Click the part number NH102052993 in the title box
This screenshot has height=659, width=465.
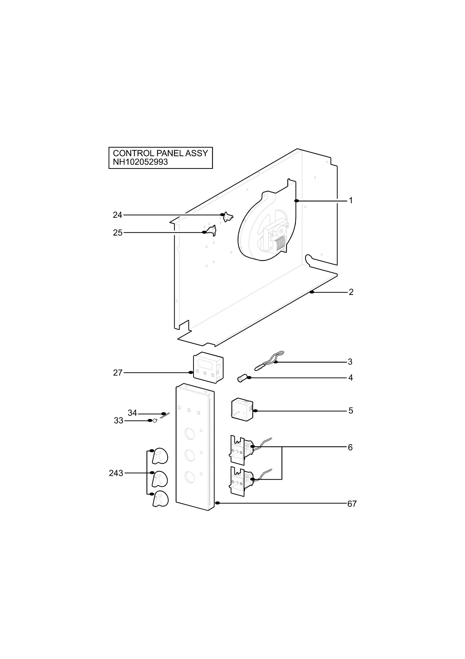tap(140, 162)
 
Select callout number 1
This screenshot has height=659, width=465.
tap(351, 201)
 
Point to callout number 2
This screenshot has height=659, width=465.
tap(351, 292)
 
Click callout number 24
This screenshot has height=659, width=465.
tap(117, 215)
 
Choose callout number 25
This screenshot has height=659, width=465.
tap(117, 233)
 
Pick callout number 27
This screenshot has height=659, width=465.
tap(117, 373)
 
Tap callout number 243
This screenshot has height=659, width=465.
tap(116, 473)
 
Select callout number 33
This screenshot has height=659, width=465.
tap(119, 421)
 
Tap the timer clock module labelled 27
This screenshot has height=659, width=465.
tap(208, 368)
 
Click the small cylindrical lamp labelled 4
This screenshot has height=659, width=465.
tap(242, 379)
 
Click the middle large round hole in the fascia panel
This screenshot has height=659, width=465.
tap(190, 455)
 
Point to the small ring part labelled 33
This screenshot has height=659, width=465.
tap(155, 421)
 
